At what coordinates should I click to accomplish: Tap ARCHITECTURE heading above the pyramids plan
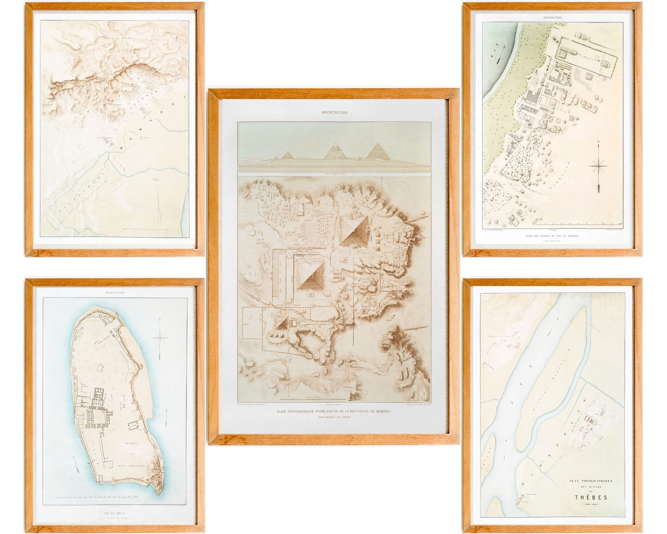[x=335, y=112]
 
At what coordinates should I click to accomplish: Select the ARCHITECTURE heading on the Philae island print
[x=115, y=293]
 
